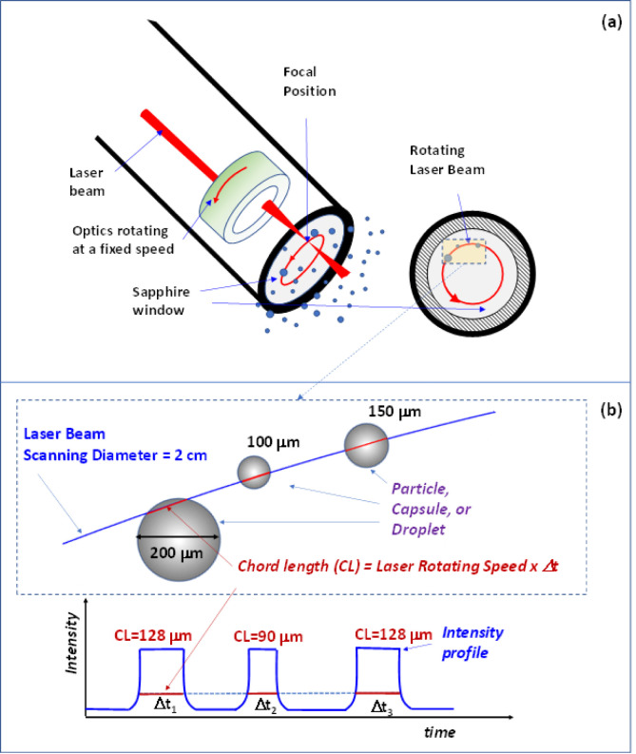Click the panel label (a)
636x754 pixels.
point(611,23)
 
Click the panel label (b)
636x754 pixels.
point(611,410)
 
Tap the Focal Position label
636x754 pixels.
point(310,82)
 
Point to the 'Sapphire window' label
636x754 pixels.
point(161,301)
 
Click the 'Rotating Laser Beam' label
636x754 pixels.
point(447,160)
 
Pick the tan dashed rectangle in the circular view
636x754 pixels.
point(464,252)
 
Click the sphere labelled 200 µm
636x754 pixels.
point(179,539)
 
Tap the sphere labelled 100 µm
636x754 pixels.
point(254,473)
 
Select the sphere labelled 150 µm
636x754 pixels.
point(366,446)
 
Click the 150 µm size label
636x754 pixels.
point(395,412)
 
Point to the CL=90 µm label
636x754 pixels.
point(268,637)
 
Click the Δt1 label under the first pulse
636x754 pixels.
point(165,706)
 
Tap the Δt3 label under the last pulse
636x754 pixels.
point(382,707)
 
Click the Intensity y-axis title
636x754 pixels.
point(71,643)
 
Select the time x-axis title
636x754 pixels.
point(439,732)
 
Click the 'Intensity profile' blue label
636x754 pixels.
point(472,643)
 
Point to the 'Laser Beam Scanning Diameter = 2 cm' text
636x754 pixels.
point(115,445)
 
